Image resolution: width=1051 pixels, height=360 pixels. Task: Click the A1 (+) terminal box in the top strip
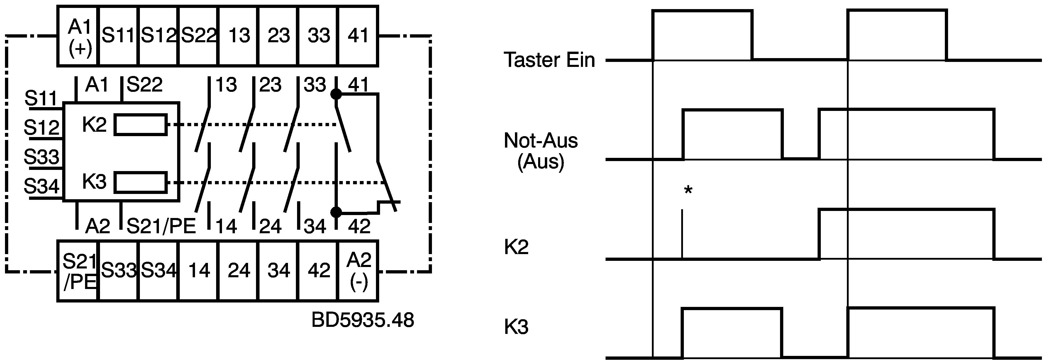(77, 36)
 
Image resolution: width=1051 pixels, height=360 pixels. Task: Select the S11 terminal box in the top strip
(118, 36)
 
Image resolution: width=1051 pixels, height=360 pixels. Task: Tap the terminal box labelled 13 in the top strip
(239, 36)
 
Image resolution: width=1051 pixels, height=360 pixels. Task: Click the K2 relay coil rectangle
(140, 124)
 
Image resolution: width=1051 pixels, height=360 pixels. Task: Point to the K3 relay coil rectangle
(140, 182)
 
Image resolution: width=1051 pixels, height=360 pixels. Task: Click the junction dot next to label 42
(336, 212)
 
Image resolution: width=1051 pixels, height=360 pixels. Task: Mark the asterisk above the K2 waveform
(688, 190)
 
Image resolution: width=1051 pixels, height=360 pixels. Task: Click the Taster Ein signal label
(550, 60)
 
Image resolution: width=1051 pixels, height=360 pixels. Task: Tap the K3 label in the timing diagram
(516, 327)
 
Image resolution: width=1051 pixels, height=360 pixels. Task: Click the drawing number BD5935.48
(363, 320)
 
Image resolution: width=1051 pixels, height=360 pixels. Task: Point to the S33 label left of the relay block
(42, 156)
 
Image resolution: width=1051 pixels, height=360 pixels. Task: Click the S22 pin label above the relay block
(145, 85)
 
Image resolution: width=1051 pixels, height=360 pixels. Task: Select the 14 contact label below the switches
(226, 227)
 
